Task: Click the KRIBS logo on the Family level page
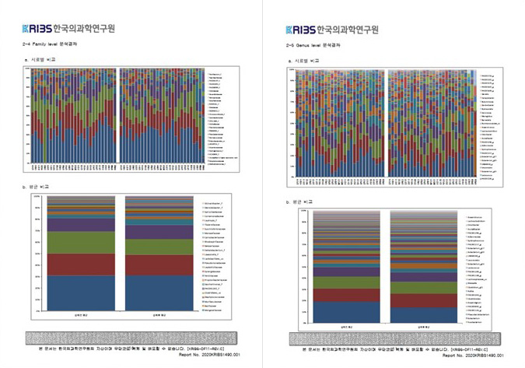click(38, 31)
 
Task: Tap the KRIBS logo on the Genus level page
click(300, 31)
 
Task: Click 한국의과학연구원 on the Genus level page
click(347, 31)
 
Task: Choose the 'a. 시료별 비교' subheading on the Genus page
click(303, 59)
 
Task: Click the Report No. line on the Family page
click(208, 355)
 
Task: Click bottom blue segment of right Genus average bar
click(425, 315)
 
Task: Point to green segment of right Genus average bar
click(425, 288)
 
